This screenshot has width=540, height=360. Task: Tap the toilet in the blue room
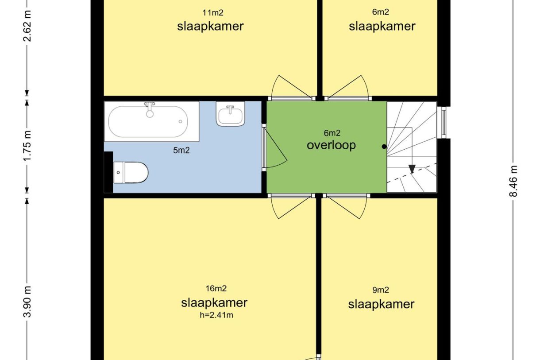coord(131,172)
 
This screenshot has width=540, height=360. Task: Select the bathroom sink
coord(231,114)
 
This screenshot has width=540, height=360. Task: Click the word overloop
coord(331,145)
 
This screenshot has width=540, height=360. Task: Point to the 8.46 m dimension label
coord(514,181)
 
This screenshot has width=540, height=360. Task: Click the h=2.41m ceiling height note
coord(215,316)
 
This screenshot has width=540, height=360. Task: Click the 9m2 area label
coord(381,290)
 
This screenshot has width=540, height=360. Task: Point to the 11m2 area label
coord(210,13)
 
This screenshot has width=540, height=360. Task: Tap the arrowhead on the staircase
coord(412,169)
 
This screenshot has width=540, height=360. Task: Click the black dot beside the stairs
coord(384,147)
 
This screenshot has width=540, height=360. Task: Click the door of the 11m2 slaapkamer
coord(290,89)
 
